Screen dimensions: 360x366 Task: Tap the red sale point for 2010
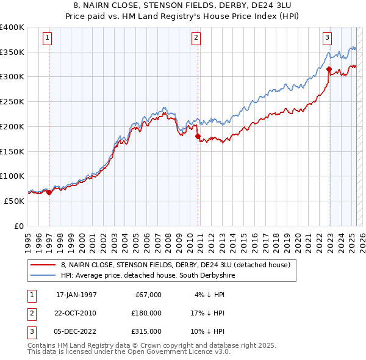click(198, 137)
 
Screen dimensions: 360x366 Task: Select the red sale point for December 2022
click(329, 70)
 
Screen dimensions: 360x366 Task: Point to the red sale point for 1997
click(49, 192)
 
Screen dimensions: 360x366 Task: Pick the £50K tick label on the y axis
click(15, 201)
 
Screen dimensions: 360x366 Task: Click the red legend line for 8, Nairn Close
click(43, 265)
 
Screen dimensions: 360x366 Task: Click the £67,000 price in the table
click(146, 295)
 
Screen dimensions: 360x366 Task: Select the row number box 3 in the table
click(30, 331)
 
